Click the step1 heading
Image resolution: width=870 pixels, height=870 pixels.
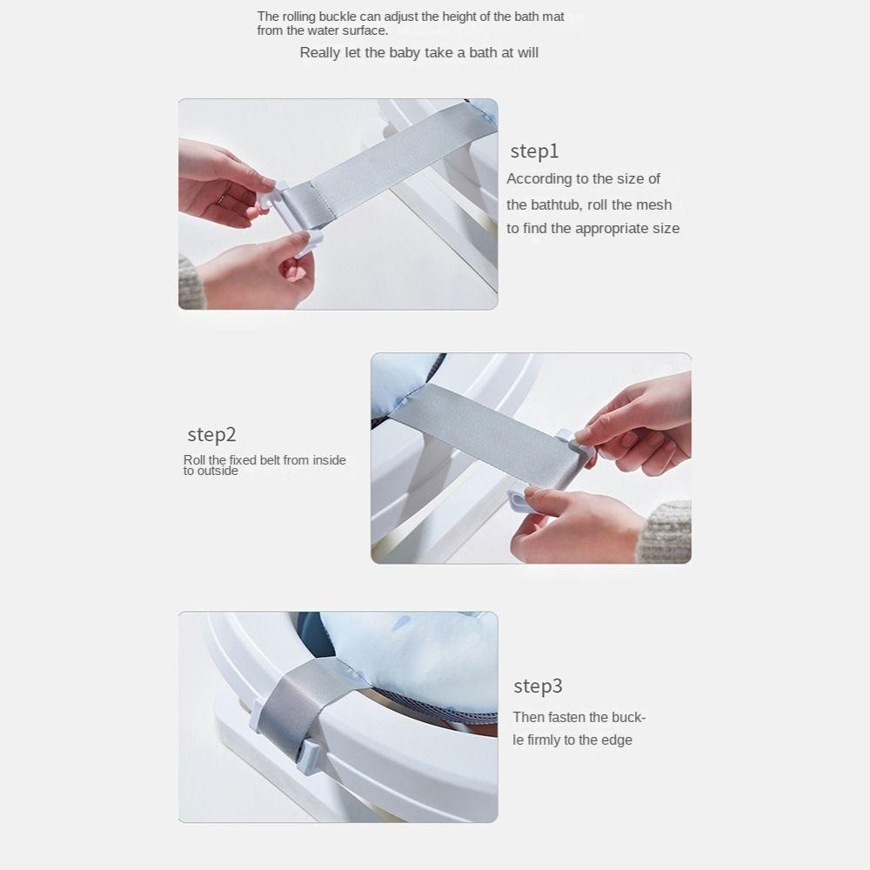pyautogui.click(x=534, y=151)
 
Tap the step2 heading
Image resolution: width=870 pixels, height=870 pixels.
pyautogui.click(x=211, y=434)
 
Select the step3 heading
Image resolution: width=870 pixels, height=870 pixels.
pyautogui.click(x=538, y=686)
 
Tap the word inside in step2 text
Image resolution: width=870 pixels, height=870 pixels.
pyautogui.click(x=329, y=460)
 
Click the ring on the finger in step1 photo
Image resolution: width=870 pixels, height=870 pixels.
pyautogui.click(x=223, y=198)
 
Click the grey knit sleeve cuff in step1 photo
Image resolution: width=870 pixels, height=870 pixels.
pyautogui.click(x=191, y=282)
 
